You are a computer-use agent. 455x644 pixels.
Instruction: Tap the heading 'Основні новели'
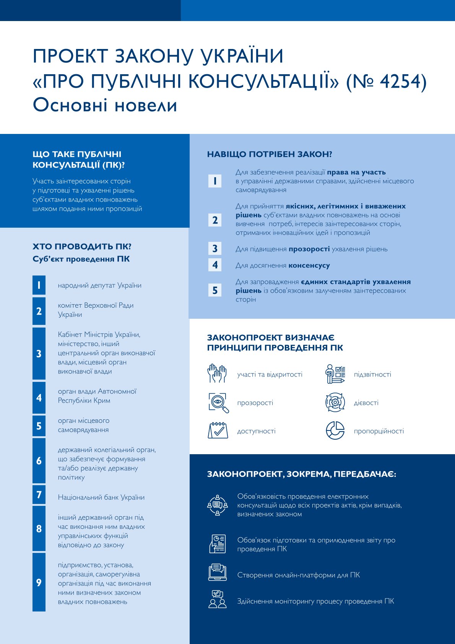tap(105, 105)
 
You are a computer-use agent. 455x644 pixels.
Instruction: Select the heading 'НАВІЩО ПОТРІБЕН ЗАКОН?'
tap(270, 154)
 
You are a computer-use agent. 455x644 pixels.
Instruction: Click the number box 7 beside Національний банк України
tap(39, 495)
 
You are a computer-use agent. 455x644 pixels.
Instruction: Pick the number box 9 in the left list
tap(39, 582)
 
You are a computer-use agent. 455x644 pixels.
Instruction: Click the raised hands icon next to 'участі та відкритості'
tap(217, 374)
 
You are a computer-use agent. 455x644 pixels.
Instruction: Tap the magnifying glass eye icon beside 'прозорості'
tap(218, 403)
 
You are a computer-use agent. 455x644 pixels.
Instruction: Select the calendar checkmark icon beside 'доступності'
tap(218, 430)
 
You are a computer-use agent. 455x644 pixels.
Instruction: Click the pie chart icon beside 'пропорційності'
tap(335, 430)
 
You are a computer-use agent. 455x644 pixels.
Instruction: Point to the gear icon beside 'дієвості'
tap(335, 403)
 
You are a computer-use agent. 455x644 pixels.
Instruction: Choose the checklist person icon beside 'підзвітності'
tap(335, 374)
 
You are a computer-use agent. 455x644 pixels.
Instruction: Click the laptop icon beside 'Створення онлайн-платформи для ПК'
tap(218, 572)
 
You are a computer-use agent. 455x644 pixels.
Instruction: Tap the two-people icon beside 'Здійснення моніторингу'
tap(218, 600)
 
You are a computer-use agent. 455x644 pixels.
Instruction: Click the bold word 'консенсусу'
tap(309, 265)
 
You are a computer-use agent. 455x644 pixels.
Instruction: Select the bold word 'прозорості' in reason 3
tap(309, 249)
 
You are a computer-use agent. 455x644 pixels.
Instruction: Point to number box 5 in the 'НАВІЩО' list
tap(215, 290)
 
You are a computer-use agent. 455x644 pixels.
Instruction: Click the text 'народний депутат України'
tap(99, 285)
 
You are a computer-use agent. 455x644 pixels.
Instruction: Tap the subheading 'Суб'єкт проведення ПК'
tap(81, 259)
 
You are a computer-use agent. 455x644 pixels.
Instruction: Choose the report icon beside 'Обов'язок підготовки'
tap(218, 544)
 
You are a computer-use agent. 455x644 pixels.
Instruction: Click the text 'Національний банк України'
tap(101, 497)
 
